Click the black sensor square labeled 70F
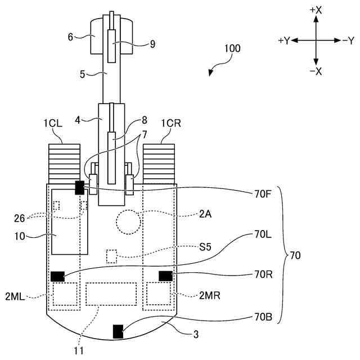click(x=80, y=187)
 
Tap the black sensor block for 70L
click(x=57, y=276)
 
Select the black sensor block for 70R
click(x=165, y=276)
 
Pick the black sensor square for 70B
click(x=118, y=331)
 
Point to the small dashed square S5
click(x=111, y=256)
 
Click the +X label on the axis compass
click(x=316, y=10)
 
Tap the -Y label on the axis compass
click(x=348, y=41)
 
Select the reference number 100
click(x=232, y=48)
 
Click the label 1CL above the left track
click(x=53, y=124)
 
